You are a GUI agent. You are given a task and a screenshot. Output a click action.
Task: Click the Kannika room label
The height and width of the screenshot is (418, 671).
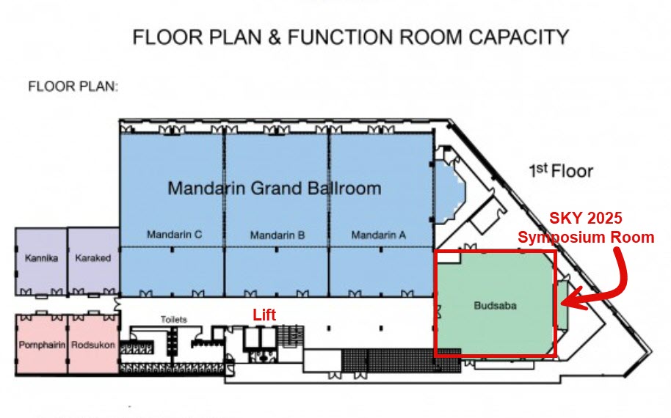[x=41, y=258]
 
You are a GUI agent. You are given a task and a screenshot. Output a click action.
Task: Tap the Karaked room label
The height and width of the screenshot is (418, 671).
[x=93, y=258]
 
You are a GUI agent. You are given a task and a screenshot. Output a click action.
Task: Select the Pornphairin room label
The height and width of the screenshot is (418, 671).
[x=42, y=345]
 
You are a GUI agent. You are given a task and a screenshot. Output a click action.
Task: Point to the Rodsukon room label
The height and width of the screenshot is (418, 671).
[x=93, y=345]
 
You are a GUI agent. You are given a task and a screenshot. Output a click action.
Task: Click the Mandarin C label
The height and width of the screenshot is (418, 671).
[x=174, y=235]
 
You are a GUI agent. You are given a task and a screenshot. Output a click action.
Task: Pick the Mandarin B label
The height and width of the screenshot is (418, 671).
[x=278, y=235]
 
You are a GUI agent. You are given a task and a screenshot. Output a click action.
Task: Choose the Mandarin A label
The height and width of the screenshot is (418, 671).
[x=378, y=235]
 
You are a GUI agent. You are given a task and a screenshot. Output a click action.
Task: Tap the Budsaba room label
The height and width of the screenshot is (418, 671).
[x=495, y=306]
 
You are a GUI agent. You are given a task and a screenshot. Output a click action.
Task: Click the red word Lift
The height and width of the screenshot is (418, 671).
[x=264, y=315]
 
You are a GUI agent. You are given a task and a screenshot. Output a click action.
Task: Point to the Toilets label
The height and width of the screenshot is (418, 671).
[x=174, y=319]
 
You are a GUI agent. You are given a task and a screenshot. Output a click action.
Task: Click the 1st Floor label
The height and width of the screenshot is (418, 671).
[x=561, y=171]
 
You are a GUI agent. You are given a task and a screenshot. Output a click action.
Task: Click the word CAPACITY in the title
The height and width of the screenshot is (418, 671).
[x=518, y=37]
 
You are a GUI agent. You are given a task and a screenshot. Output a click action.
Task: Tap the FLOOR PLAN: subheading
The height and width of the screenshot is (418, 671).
[x=73, y=87]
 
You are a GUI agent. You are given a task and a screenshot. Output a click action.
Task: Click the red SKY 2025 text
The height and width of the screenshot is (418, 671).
[x=585, y=218]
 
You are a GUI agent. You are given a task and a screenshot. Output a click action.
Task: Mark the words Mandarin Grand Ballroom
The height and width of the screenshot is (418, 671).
[x=275, y=188]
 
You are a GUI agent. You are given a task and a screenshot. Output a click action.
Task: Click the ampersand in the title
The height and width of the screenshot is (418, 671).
[x=275, y=37]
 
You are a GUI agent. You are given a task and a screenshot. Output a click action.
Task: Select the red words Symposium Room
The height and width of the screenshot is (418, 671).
[x=586, y=237]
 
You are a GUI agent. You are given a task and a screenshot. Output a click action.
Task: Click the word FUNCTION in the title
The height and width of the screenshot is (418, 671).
[x=343, y=37]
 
